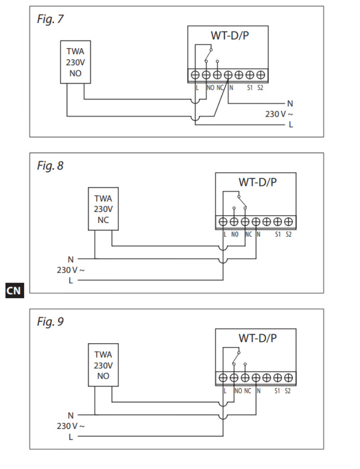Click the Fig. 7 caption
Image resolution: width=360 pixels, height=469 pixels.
coord(50,20)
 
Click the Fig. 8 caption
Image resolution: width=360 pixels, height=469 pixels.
coord(50,166)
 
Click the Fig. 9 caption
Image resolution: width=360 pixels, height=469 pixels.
coord(50,322)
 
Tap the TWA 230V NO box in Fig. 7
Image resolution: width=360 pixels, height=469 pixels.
coord(75,62)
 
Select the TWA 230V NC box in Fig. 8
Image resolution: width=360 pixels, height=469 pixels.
coord(103,209)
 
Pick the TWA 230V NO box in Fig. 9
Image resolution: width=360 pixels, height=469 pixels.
coord(103,365)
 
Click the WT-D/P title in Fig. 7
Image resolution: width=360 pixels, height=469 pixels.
coord(230,36)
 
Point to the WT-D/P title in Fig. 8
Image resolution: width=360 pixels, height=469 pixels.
coord(257,182)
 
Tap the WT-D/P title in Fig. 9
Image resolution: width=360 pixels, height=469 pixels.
coord(257,338)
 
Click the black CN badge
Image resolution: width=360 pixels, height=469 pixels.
coord(14,290)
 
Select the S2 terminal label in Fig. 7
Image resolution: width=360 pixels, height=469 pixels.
coord(260,88)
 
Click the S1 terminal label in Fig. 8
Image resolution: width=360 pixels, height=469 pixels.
coord(278,235)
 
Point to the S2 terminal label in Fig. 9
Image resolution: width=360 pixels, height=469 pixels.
coord(288,391)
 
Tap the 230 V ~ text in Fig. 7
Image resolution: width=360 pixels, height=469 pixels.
coord(276,114)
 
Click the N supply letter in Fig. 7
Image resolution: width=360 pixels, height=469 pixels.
coord(290,104)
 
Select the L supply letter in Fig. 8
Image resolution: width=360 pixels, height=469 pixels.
coord(71,280)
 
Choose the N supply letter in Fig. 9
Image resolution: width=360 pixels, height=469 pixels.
coord(71,415)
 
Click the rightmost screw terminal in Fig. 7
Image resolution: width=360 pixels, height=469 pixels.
coord(261,74)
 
